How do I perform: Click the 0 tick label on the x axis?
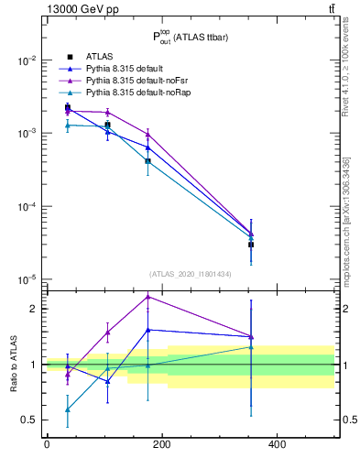[47, 445]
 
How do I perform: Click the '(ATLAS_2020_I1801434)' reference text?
[190, 274]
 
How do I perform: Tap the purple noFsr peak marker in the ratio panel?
[147, 297]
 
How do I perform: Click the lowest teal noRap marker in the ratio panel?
[67, 410]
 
